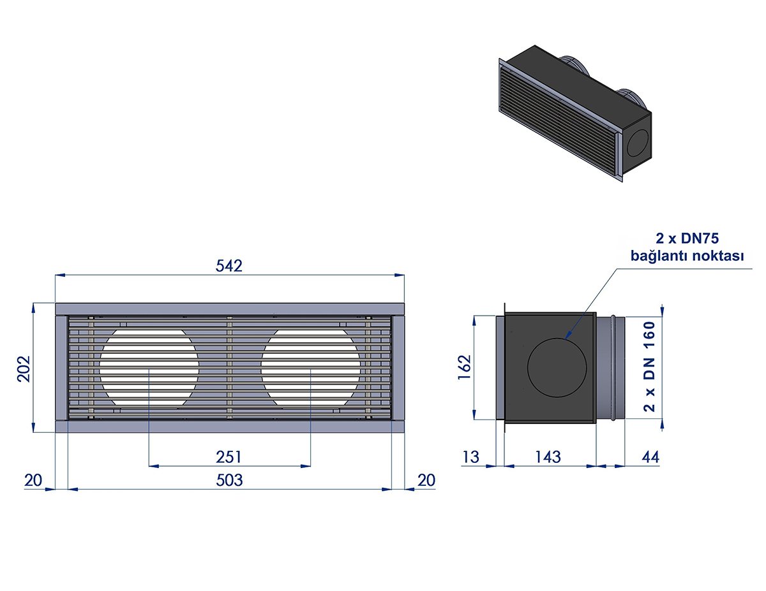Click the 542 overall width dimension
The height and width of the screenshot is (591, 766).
coord(229,266)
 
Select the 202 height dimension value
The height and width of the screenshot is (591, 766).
coord(24,368)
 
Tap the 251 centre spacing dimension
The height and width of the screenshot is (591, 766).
coord(229,457)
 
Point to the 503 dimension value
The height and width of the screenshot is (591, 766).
coord(229,480)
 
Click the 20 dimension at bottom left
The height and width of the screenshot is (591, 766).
coord(33,480)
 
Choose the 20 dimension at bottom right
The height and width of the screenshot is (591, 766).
coord(426,480)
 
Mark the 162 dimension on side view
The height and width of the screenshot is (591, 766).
coord(464,367)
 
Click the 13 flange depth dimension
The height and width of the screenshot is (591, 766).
coord(470,457)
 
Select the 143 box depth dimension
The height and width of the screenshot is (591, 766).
coord(548,457)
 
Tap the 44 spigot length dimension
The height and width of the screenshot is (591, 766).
coord(650,457)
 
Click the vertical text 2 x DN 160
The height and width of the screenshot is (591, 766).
coord(649,367)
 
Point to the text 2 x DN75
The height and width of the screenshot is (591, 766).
coord(687,238)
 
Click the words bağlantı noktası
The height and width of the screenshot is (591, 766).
coord(687,256)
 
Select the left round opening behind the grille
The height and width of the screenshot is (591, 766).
coord(149,367)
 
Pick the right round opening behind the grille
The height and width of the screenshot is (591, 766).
coord(311,367)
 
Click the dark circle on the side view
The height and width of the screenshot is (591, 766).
coord(557,367)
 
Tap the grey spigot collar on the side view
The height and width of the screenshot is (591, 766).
coord(610,367)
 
